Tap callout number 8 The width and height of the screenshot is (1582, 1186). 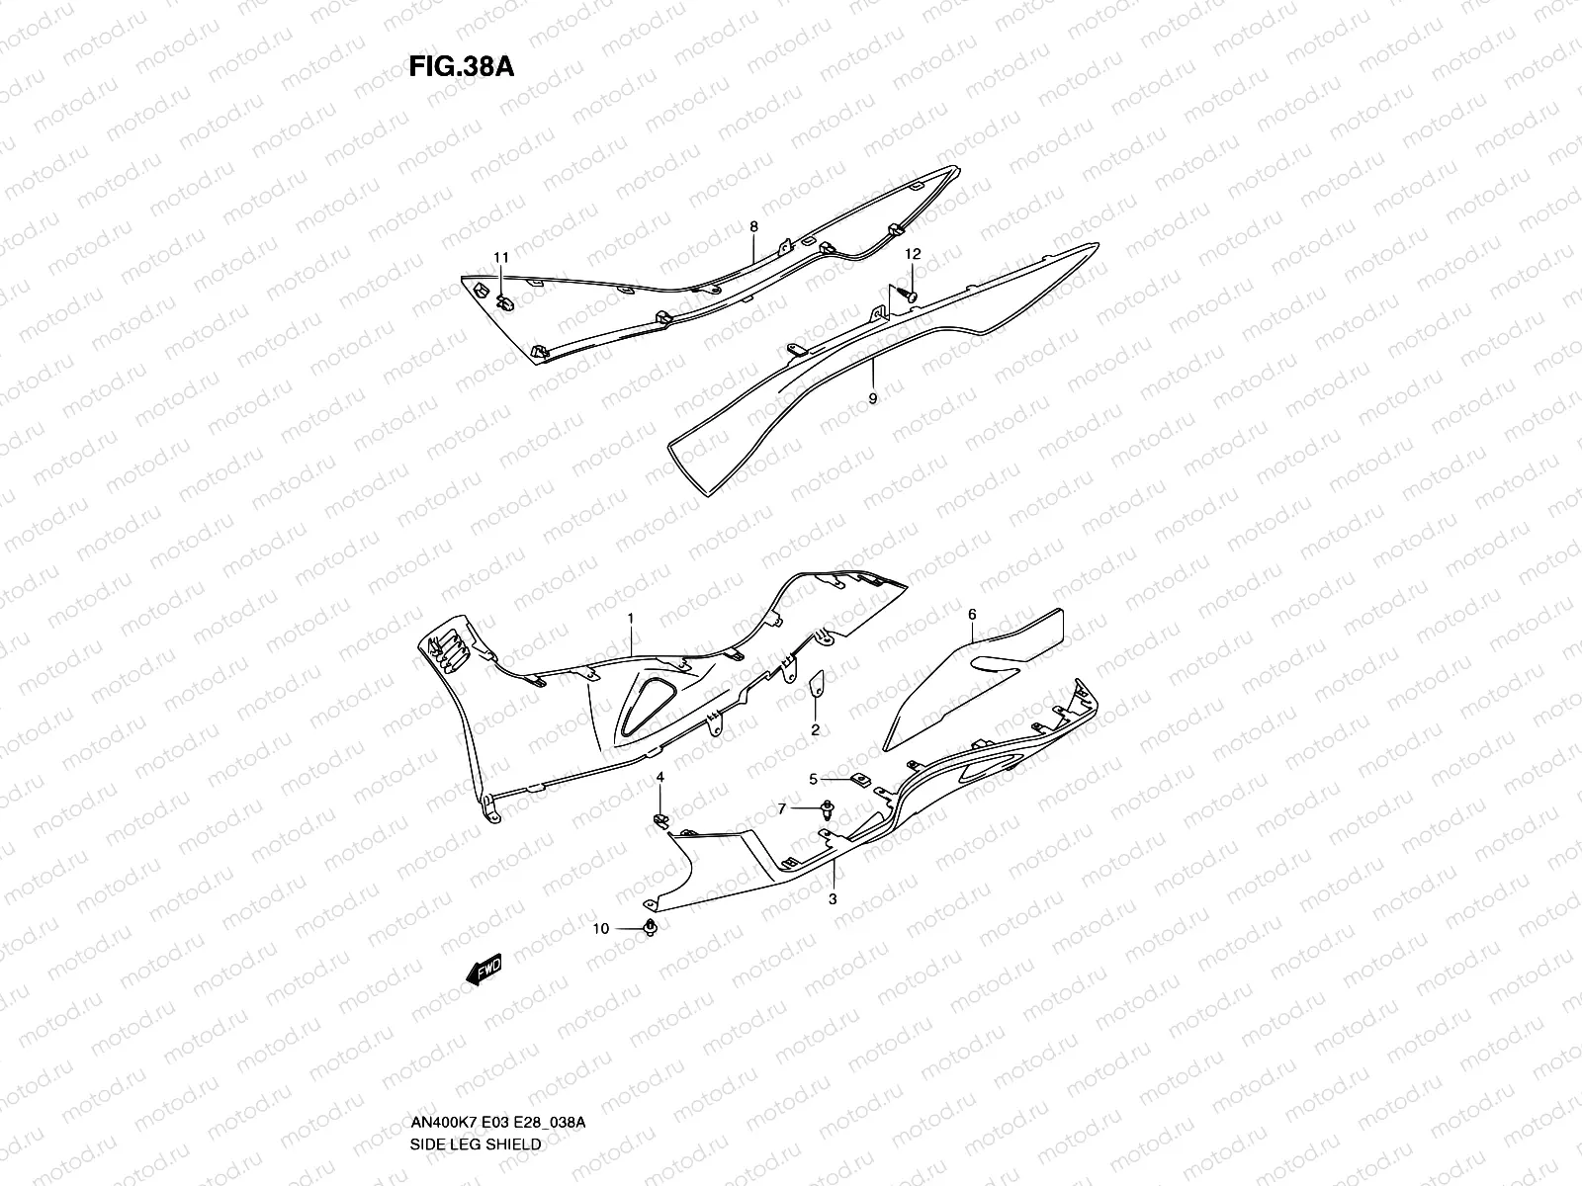point(753,227)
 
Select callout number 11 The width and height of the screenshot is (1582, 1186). point(502,258)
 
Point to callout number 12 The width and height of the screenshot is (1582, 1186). point(913,254)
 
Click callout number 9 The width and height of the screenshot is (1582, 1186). point(871,398)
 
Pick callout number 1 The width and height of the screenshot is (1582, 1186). point(630,618)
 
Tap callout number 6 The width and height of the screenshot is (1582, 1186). point(972,615)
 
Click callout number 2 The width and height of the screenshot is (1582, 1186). point(815,730)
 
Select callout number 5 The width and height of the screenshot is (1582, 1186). point(814,779)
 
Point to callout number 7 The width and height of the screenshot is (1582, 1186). point(782,808)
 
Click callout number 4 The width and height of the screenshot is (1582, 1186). point(660,779)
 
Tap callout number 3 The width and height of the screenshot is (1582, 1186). point(833,898)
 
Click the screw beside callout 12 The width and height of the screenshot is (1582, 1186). point(908,294)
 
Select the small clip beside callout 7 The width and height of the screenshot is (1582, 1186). point(824,811)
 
